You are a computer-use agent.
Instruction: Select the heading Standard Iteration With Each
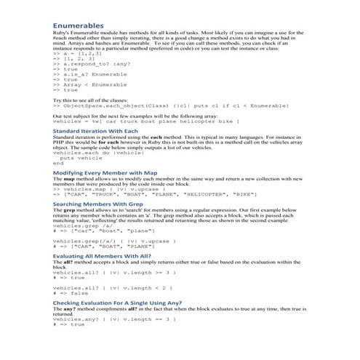pyautogui.click(x=95, y=131)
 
